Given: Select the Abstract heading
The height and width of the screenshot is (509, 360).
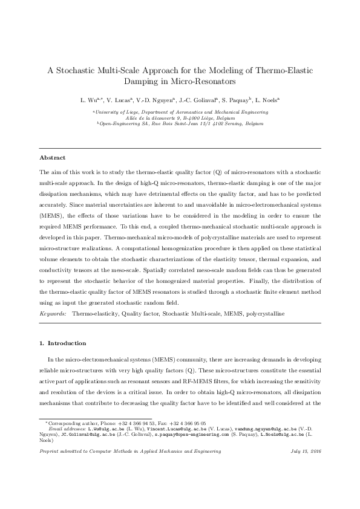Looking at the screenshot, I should coord(52,158).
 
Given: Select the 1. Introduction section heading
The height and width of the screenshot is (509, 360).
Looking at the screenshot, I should coord(63,343).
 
